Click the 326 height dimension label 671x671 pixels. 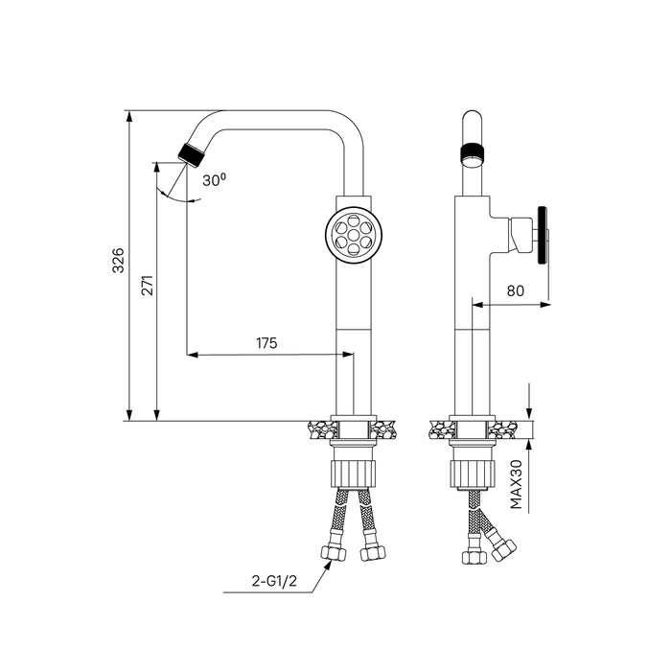(117, 260)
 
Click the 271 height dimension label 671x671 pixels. (147, 286)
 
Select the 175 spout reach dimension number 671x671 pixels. (266, 343)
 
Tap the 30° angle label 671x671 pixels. (214, 180)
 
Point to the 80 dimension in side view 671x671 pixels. (516, 291)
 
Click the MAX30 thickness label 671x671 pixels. (517, 484)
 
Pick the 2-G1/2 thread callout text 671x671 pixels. (274, 581)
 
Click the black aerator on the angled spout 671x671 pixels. (192, 153)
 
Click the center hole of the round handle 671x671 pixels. (354, 235)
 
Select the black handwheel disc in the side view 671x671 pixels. (544, 236)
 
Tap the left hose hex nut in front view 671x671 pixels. (333, 553)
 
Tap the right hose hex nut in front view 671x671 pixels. (373, 553)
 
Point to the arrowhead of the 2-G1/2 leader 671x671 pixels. (329, 564)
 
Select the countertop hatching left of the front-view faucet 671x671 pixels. (322, 429)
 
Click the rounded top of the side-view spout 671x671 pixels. (472, 116)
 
